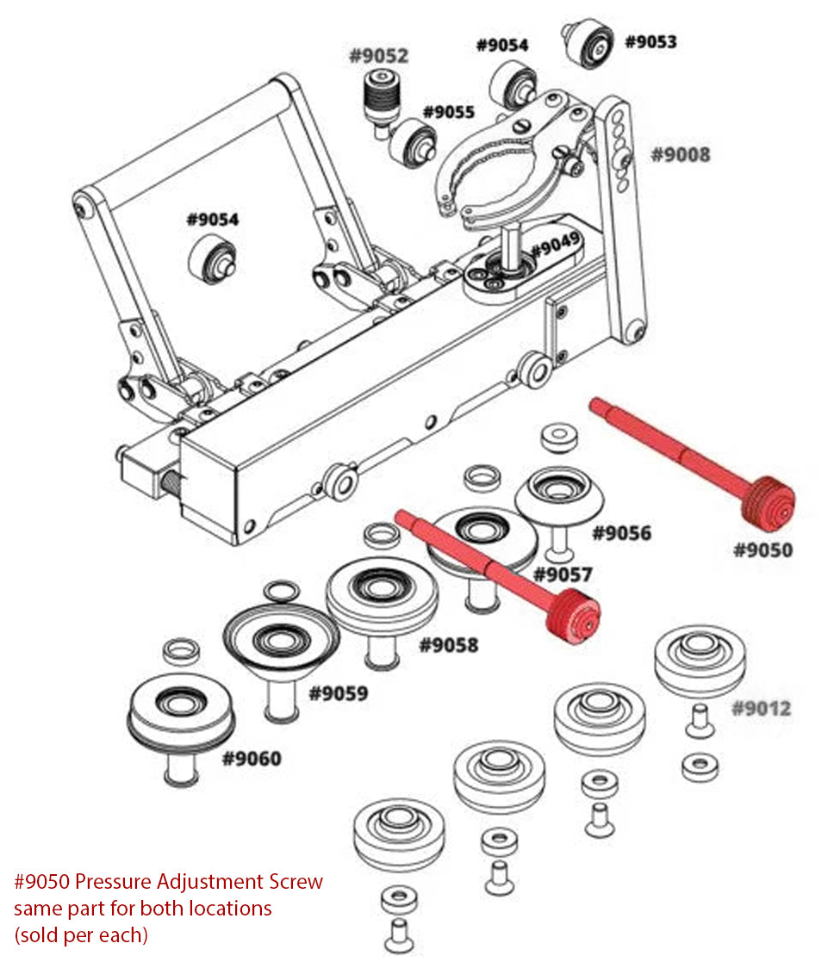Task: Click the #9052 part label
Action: point(378,57)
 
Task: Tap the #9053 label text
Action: point(650,41)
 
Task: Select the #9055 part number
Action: point(449,112)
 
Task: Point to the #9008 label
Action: point(681,155)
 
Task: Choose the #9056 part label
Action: point(621,533)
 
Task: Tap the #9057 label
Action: point(563,574)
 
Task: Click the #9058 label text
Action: point(449,644)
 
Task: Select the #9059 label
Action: point(339,693)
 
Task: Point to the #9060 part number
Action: point(252,759)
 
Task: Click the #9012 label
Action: point(762,709)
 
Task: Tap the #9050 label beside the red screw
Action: point(762,549)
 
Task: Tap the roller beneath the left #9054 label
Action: point(212,262)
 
